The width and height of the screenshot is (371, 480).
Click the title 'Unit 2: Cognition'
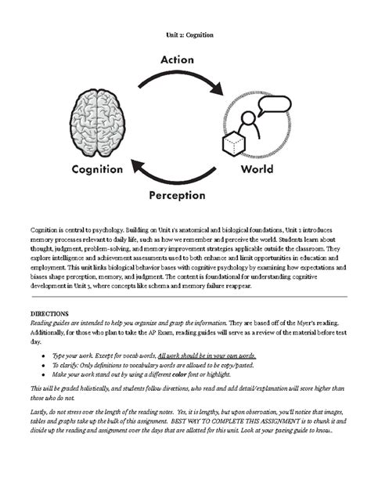[185, 35]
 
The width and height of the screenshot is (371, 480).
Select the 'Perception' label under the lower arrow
[178, 194]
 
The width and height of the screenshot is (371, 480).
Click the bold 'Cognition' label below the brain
[97, 168]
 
